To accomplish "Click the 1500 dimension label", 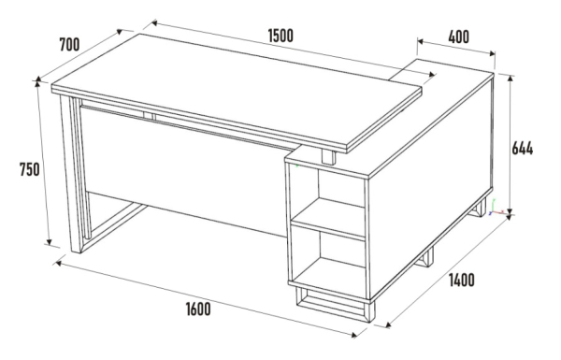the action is [x=280, y=36].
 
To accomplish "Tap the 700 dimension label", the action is [x=69, y=44].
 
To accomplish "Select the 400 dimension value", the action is [x=458, y=36].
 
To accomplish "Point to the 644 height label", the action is [x=522, y=148].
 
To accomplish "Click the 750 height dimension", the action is [x=29, y=169].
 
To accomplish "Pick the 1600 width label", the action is [x=198, y=310].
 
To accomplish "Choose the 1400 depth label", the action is [x=462, y=280].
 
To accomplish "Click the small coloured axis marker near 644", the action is [x=494, y=209].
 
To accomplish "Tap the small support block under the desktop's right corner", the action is [x=329, y=157].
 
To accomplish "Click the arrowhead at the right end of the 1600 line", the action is [x=354, y=335].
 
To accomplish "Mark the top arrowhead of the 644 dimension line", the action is [x=511, y=79].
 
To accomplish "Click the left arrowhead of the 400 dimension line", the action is [x=421, y=41].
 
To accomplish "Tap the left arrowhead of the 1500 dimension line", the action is [x=154, y=23].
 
